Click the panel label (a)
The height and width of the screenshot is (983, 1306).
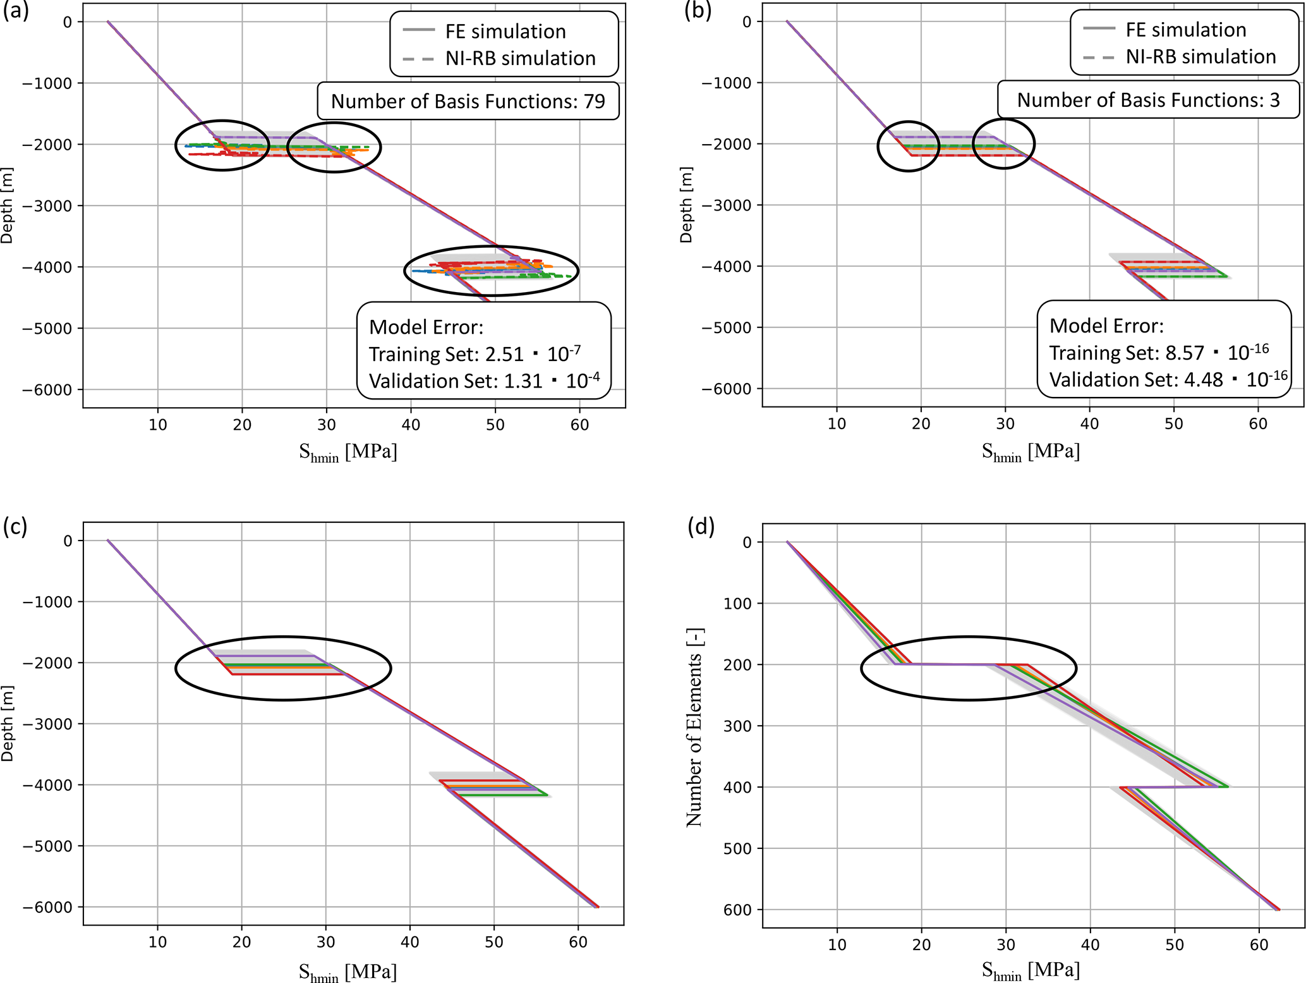point(16,11)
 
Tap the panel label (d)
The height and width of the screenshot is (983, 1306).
point(701,527)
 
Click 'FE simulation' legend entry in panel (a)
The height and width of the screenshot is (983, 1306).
point(505,31)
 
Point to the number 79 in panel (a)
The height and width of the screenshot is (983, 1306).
point(595,101)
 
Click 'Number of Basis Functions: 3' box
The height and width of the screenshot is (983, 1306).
point(1148,100)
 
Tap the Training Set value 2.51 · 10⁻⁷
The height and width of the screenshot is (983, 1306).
point(533,353)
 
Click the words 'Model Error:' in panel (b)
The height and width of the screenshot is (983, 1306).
point(1106,326)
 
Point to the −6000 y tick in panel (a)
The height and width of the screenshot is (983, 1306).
point(47,390)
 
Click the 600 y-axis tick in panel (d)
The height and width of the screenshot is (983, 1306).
point(737,910)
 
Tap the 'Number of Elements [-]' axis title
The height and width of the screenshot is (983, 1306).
point(694,727)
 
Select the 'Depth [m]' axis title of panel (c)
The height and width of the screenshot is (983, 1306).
point(7,723)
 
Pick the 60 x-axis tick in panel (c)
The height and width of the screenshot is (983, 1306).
point(578,943)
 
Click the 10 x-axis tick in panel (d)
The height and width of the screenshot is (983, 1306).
point(837,945)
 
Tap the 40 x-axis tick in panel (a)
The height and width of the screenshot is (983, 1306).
point(411,425)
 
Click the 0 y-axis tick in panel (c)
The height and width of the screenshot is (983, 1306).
point(68,540)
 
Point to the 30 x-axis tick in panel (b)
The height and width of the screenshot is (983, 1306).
point(1005,424)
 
